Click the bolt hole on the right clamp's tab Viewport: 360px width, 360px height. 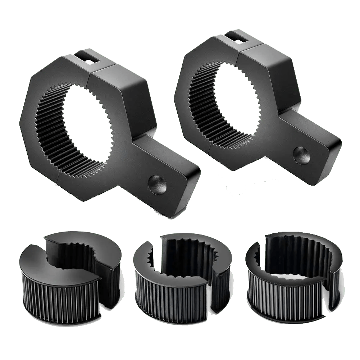[301, 154]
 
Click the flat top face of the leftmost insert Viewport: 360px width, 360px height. [40, 259]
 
